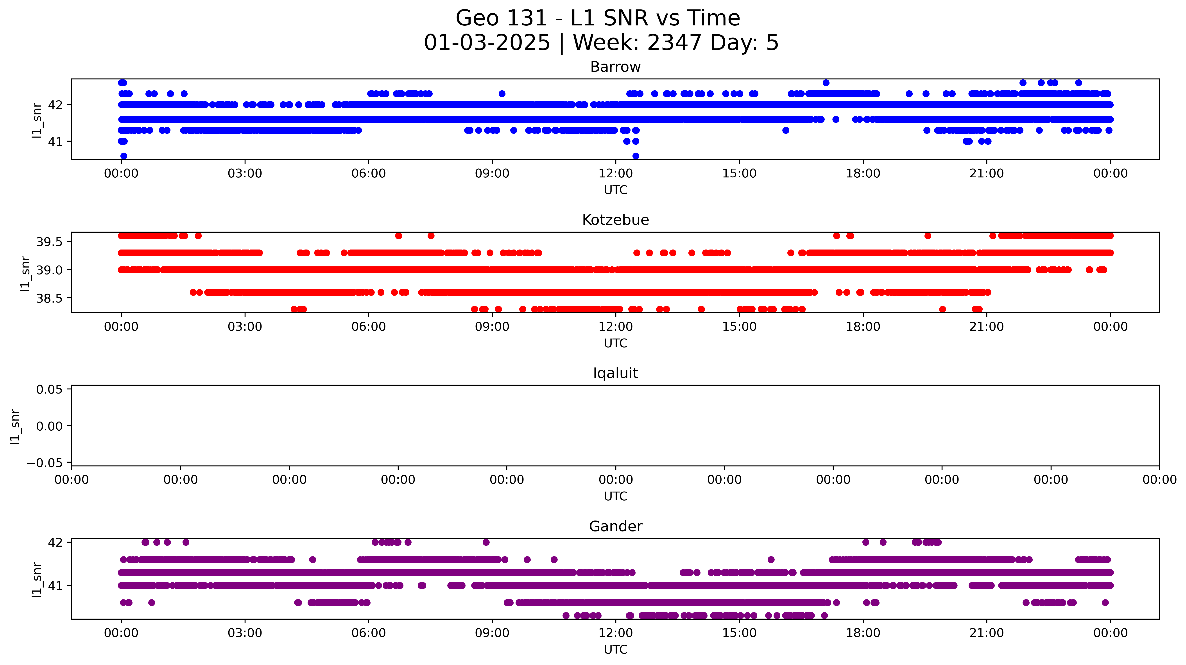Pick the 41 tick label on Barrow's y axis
[x=55, y=142]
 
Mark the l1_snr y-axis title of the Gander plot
[x=37, y=580]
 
